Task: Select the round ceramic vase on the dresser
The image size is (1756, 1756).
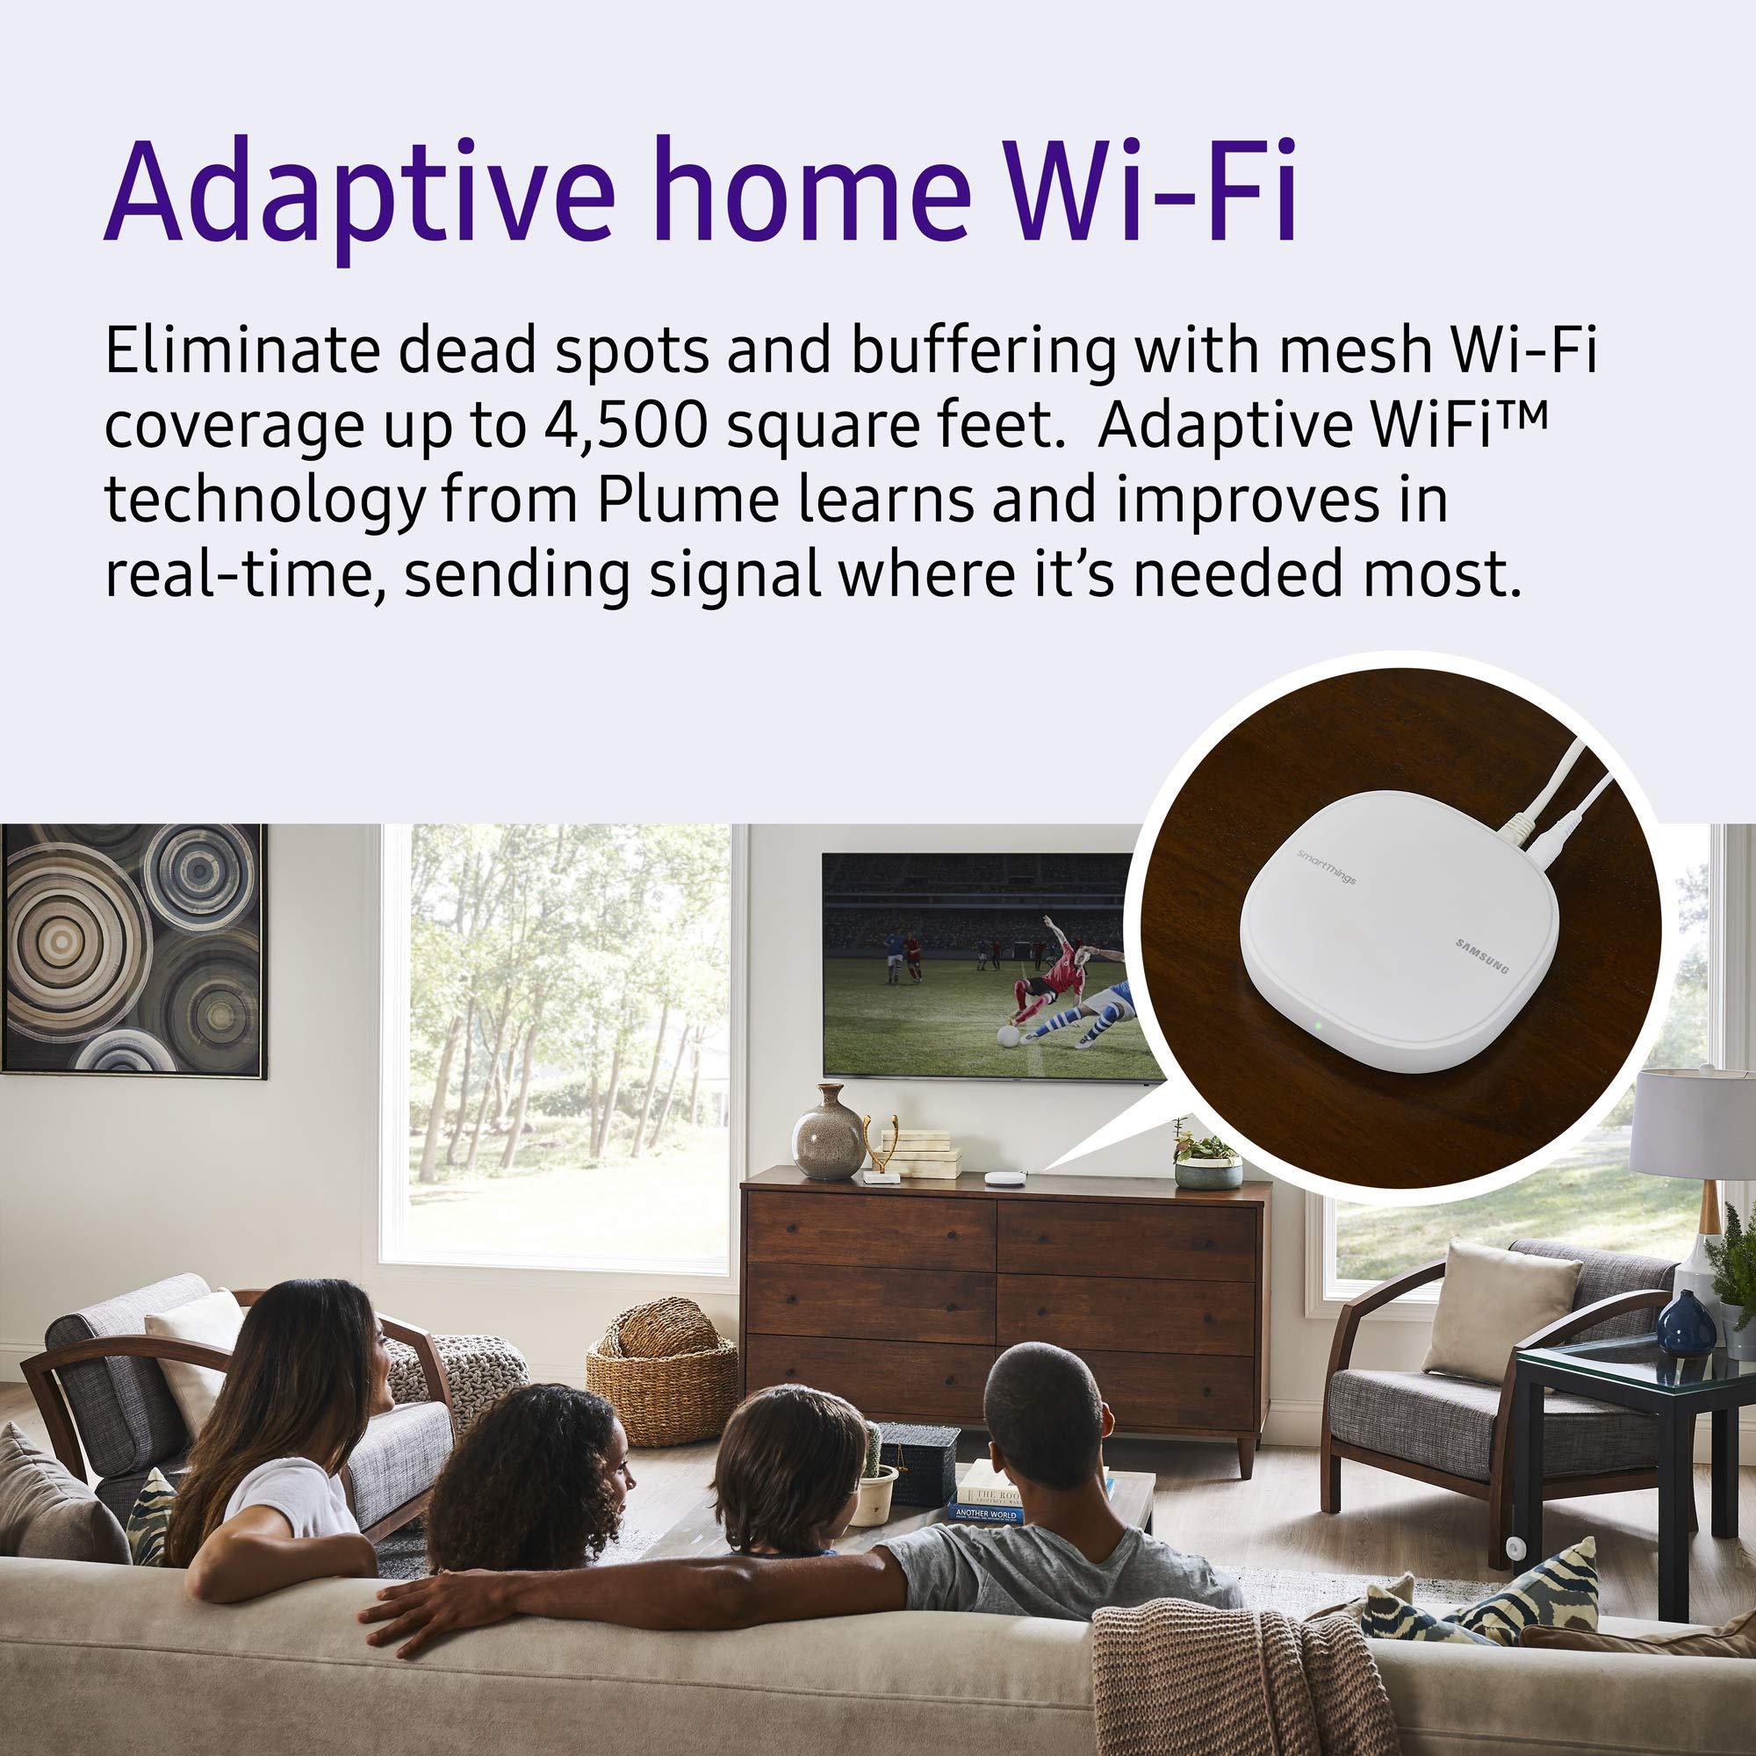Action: point(826,1133)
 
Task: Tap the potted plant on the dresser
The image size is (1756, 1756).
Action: point(1208,1159)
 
